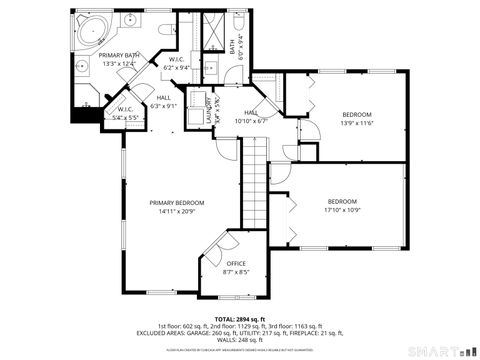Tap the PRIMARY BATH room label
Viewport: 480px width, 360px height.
coord(118,55)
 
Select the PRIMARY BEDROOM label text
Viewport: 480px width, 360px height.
coord(176,202)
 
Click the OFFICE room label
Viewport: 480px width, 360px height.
coord(236,263)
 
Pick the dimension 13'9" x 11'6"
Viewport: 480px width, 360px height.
coord(356,123)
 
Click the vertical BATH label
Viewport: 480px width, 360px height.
coord(232,46)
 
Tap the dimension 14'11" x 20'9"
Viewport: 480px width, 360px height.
coord(176,211)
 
